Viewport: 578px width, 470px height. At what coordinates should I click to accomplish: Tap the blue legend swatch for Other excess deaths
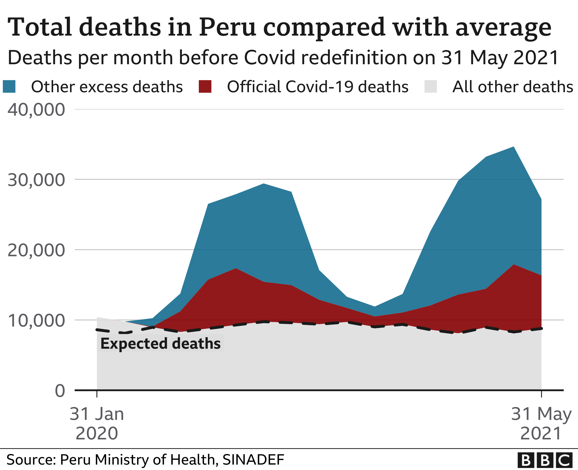[x=9, y=87]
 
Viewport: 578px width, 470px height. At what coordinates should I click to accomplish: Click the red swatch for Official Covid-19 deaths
[x=205, y=87]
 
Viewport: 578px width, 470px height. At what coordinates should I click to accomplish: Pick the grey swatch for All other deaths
[x=431, y=87]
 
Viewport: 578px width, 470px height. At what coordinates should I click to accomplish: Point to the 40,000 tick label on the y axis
[x=36, y=110]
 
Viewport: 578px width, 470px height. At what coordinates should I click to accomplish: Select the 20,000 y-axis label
[x=36, y=250]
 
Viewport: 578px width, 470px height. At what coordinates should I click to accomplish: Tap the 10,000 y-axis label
[x=36, y=320]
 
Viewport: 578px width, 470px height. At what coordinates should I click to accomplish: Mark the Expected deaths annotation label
[x=160, y=343]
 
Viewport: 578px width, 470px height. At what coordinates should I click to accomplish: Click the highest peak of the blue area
[x=513, y=148]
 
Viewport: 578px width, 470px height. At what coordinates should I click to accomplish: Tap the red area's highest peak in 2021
[x=513, y=265]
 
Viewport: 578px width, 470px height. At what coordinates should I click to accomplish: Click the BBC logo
[x=545, y=460]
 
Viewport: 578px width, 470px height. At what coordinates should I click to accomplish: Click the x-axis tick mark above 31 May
[x=541, y=394]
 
